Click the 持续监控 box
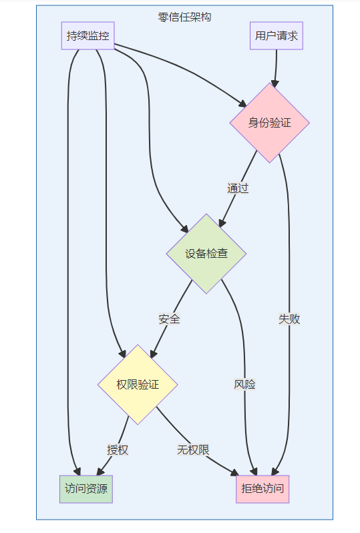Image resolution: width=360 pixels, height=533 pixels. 87,35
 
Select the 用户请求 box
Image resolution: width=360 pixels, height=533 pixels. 277,35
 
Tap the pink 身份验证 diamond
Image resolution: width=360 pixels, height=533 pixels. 270,123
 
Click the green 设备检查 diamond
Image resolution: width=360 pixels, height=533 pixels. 206,254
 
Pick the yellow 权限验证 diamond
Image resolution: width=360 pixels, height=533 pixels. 138,385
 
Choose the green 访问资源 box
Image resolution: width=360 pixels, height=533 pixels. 86,489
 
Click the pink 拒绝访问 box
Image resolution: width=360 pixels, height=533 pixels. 262,489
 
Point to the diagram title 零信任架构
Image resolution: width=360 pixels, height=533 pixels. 184,17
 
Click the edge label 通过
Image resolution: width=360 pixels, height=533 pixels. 238,188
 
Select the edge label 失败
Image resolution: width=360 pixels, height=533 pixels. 289,319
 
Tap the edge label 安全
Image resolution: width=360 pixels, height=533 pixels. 169,319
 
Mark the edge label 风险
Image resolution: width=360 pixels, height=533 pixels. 244,384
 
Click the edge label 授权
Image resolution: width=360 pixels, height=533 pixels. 118,450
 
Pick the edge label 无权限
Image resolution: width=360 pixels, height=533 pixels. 193,450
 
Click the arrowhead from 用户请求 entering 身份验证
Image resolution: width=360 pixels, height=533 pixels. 275,84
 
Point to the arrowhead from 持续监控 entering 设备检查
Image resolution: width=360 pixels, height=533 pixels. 184,229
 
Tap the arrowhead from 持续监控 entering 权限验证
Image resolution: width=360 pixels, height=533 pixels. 122,353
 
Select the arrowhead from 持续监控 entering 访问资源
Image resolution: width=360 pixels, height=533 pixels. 77,472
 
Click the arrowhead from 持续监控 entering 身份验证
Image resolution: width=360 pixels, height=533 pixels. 242,104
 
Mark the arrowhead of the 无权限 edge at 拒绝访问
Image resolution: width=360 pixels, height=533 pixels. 234,472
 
